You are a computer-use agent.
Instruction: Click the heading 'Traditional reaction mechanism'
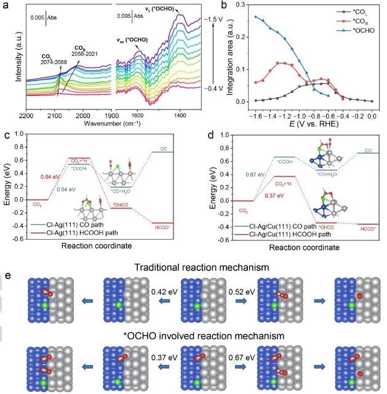205,269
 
